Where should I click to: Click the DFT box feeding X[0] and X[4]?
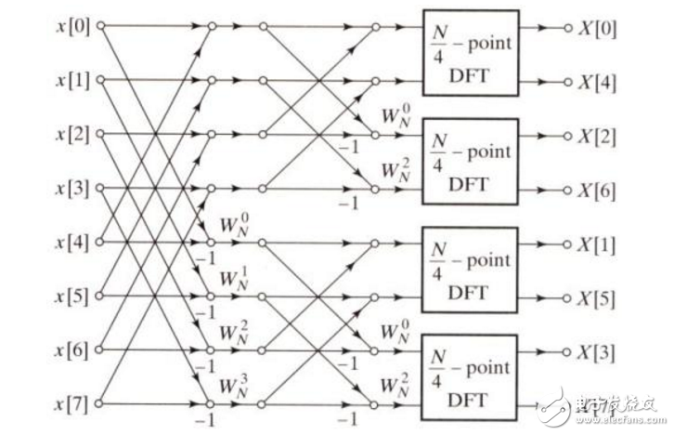coord(471,53)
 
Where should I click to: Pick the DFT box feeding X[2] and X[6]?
coord(471,161)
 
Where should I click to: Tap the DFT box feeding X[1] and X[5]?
coord(471,270)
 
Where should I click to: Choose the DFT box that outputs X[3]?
coord(471,377)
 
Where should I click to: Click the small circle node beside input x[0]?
coord(99,27)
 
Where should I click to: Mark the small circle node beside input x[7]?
coord(99,404)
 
